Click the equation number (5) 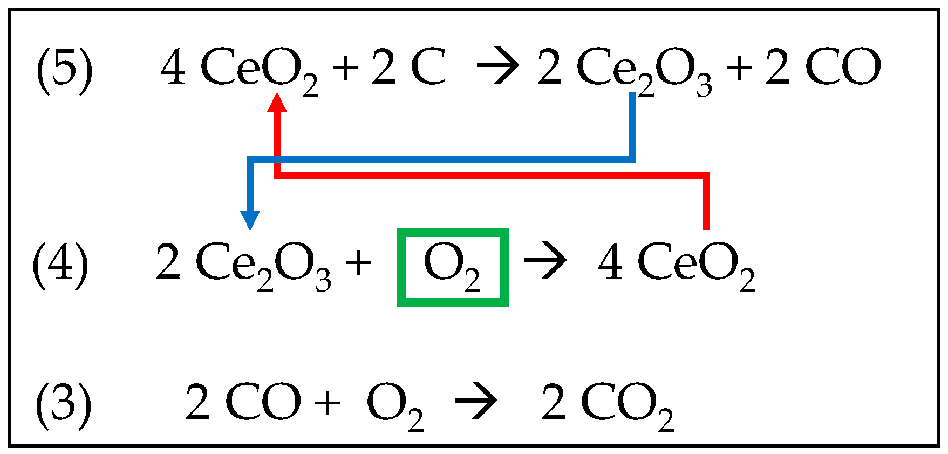coord(64,70)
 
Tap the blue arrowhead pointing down coord(250,220)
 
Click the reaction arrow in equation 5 coord(497,66)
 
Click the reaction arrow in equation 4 coord(545,262)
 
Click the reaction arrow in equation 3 coord(475,402)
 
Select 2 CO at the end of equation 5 coord(823,67)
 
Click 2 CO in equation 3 coord(243,403)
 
